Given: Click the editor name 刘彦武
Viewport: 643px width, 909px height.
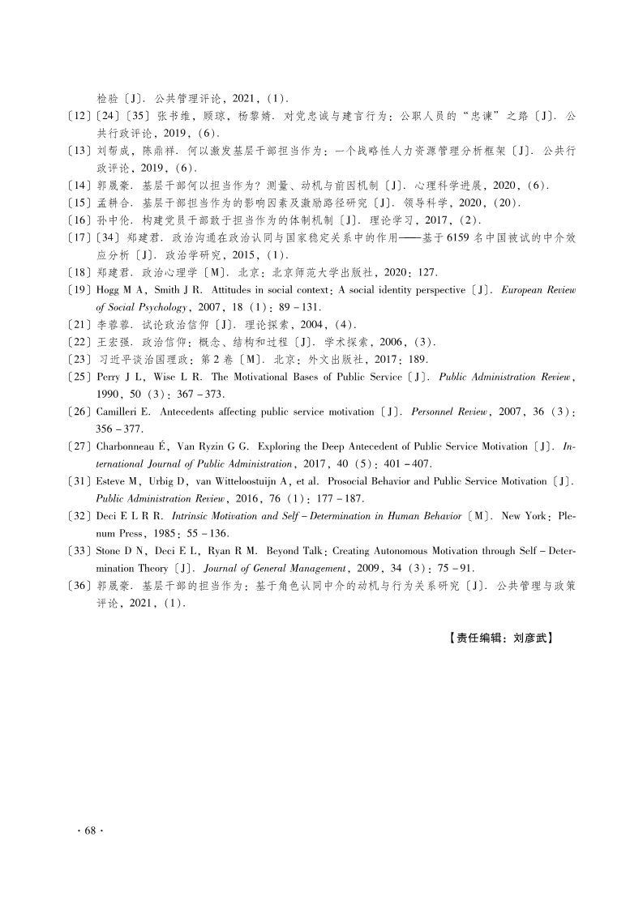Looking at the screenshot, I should pyautogui.click(x=532, y=638).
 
